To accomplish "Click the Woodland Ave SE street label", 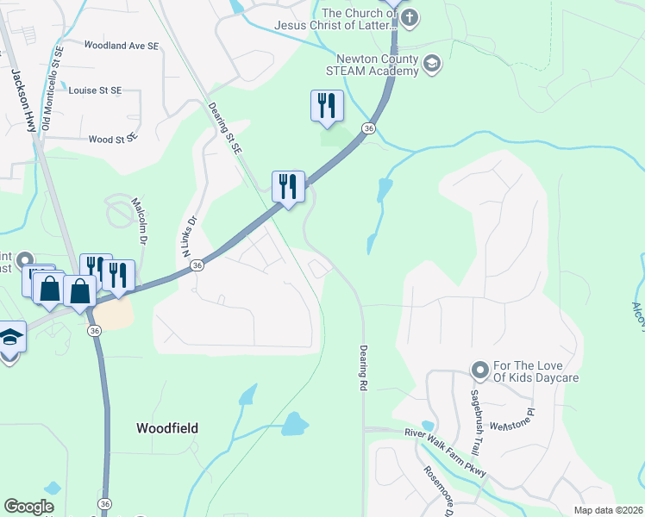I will [122, 45].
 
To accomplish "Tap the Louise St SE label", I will [95, 90].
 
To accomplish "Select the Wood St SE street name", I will [113, 138].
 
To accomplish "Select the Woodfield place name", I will [167, 428].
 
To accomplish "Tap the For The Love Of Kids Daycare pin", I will [480, 371].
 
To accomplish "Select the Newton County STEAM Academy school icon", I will [432, 62].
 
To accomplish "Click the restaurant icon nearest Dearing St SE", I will [288, 186].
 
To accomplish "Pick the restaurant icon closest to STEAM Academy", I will [327, 105].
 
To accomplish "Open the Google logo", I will [28, 507].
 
